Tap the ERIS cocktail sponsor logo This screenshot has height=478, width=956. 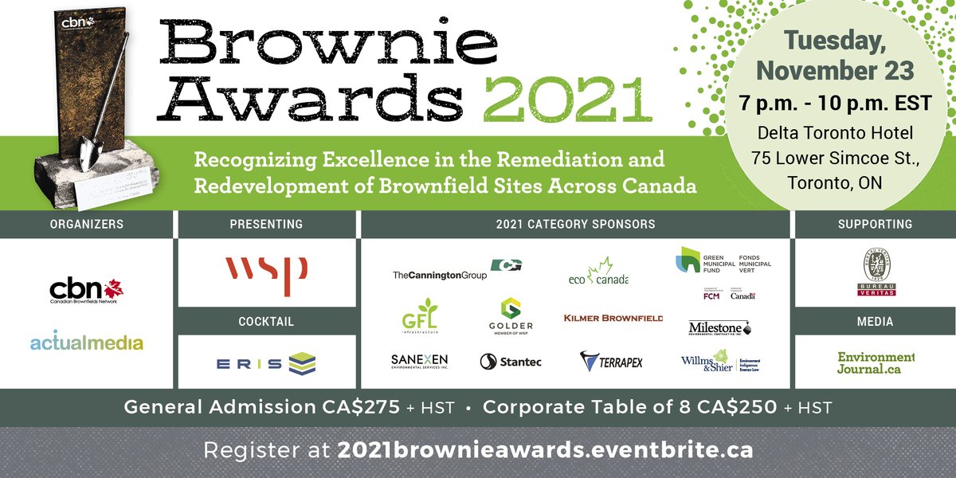(x=267, y=362)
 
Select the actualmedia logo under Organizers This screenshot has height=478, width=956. (x=86, y=343)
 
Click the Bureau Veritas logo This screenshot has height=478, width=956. (x=875, y=273)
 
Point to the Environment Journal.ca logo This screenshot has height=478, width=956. (x=875, y=362)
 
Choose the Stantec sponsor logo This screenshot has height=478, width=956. (x=511, y=362)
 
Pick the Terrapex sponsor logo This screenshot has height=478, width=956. (x=611, y=362)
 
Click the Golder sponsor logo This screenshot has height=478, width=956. (x=511, y=315)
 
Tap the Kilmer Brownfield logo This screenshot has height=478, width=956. (x=613, y=318)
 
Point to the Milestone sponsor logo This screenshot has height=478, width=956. (x=719, y=328)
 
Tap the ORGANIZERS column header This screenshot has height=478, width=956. (x=86, y=224)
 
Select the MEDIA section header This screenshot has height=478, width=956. (x=875, y=322)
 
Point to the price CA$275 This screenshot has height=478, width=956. (x=358, y=407)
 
